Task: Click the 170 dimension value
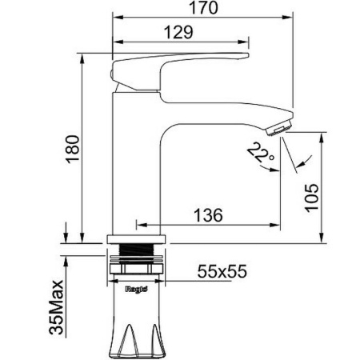tap(203, 8)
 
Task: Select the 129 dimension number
tap(178, 32)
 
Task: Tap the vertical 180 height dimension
tap(73, 149)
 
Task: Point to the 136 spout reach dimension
tap(208, 215)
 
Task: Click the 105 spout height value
tap(312, 198)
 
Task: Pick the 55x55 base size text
tap(222, 271)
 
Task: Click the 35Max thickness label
tap(57, 307)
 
